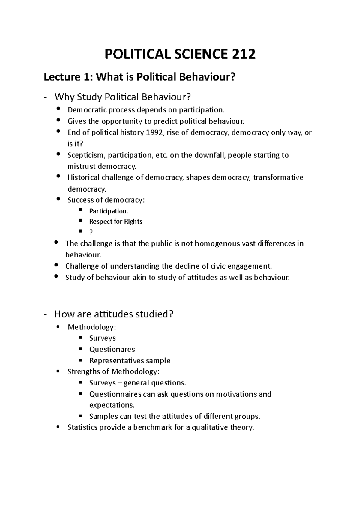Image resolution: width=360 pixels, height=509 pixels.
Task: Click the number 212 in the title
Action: click(x=243, y=54)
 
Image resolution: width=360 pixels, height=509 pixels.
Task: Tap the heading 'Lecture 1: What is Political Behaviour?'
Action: click(x=140, y=77)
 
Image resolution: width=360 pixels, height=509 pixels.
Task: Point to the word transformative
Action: click(x=278, y=177)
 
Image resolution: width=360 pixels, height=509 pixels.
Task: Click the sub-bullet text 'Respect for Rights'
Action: click(x=115, y=222)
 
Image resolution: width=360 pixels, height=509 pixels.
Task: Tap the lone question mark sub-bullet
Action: click(x=91, y=232)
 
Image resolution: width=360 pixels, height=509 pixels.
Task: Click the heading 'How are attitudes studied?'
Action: click(x=114, y=314)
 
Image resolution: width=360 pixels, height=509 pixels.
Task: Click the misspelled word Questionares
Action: click(x=112, y=349)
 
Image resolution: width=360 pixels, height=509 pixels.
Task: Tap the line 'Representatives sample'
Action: click(x=130, y=361)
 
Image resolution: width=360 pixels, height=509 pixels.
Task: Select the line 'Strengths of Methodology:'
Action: click(x=114, y=372)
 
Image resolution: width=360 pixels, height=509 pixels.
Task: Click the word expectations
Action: click(x=112, y=405)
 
